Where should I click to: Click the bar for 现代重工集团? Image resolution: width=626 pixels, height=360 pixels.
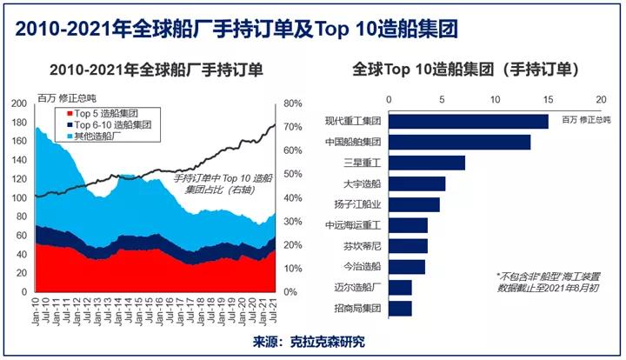coord(468,121)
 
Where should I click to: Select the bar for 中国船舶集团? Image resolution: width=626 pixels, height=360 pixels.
coord(459,142)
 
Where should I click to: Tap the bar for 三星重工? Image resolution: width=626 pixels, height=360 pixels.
coord(426,163)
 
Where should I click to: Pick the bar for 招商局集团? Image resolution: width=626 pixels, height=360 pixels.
coord(399,309)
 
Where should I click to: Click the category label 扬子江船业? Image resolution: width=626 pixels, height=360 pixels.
coord(356,204)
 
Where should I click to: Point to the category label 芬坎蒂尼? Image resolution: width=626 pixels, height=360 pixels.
coord(362,246)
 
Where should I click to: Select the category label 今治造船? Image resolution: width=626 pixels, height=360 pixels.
coord(362,267)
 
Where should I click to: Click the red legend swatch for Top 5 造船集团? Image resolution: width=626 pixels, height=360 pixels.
coord(59,113)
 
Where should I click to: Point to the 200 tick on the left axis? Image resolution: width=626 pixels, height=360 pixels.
coord(19,103)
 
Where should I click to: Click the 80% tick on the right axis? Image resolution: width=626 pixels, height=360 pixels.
coord(291,103)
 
